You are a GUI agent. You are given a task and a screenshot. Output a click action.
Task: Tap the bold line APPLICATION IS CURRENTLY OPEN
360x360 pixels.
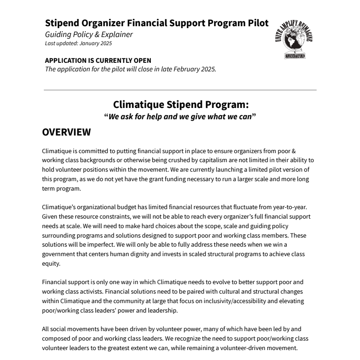(98, 61)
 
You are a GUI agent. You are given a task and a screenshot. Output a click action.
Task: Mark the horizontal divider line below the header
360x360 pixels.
(180, 90)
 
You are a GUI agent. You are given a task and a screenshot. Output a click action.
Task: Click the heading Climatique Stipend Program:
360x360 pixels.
(180, 105)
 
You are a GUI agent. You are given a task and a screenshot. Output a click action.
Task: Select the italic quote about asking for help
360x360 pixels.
(180, 117)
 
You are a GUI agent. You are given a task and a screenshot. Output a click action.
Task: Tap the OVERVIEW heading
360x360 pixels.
(66, 132)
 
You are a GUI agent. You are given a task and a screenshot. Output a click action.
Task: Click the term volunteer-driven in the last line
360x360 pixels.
(264, 348)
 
